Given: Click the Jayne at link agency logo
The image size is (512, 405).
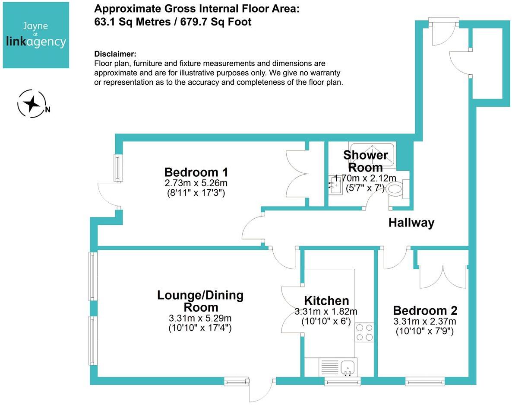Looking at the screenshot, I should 36,35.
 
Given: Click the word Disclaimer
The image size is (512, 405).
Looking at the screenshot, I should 115,54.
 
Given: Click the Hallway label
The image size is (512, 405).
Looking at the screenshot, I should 411,223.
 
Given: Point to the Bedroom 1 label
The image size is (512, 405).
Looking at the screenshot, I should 196,171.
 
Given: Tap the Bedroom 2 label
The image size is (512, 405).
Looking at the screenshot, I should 425,310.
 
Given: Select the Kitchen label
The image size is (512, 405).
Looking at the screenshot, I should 326,301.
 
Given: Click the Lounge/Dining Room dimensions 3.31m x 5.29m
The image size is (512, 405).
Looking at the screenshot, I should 200,319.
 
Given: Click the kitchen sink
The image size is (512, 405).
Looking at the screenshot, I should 347,367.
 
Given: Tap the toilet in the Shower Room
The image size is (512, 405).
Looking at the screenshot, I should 395,189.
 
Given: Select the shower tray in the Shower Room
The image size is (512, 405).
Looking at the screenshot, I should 372,154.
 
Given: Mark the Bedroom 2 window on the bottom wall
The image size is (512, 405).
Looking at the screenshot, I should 425,381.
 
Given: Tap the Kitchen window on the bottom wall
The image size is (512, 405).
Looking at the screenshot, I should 342,381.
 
